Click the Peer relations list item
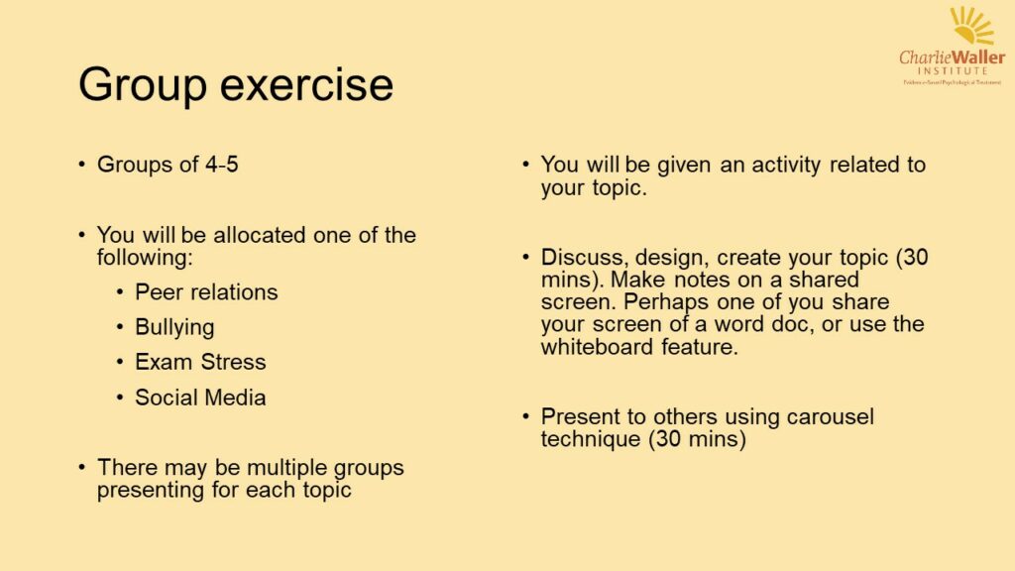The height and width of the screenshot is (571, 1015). tap(206, 292)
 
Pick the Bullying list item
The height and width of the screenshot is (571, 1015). tap(174, 327)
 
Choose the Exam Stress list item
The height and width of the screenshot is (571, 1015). tap(200, 362)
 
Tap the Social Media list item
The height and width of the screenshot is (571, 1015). tap(200, 398)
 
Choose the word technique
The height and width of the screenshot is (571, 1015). tap(591, 438)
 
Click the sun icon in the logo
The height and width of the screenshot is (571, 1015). tap(970, 26)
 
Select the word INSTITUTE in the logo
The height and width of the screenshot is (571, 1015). tap(952, 71)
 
